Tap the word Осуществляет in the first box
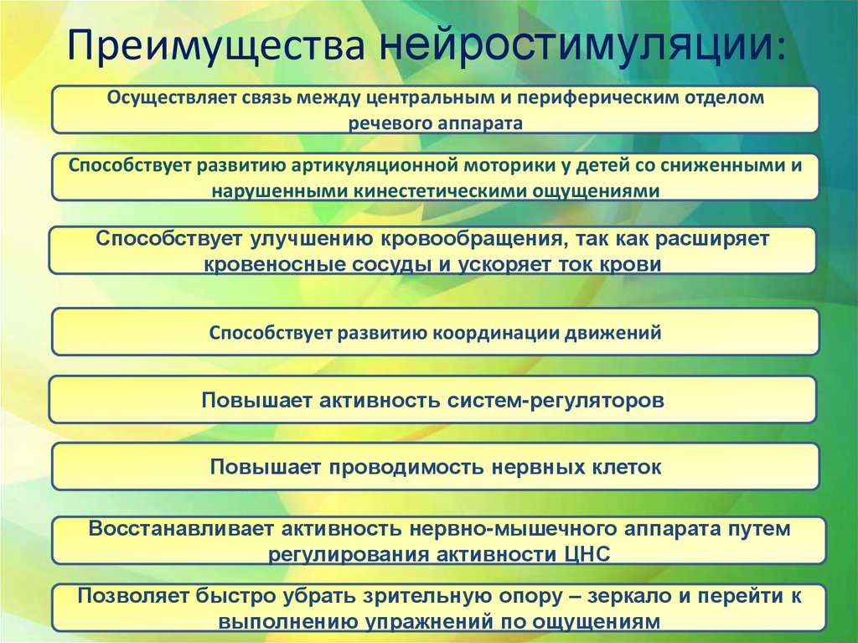[x=162, y=98]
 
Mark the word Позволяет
[x=131, y=597]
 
